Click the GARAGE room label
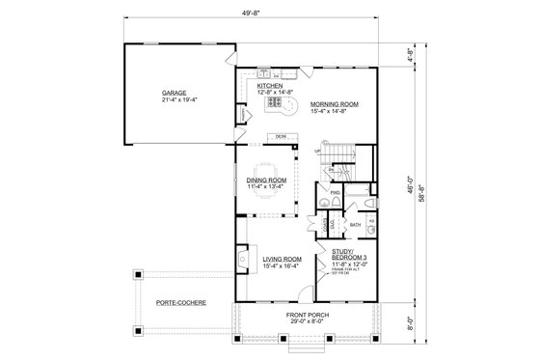[174, 93]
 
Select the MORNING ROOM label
[334, 103]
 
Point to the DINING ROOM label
[264, 180]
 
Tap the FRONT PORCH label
[310, 316]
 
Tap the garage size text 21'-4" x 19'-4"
[174, 100]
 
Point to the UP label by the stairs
[316, 152]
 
